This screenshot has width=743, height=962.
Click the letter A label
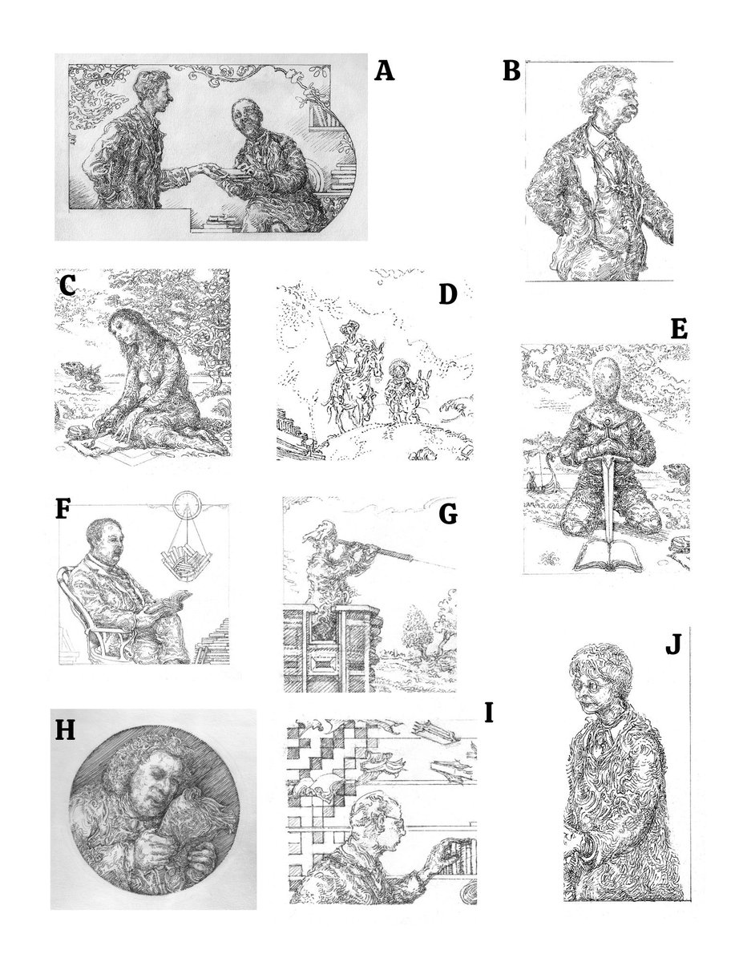pos(385,71)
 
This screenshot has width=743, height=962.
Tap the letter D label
pos(447,295)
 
